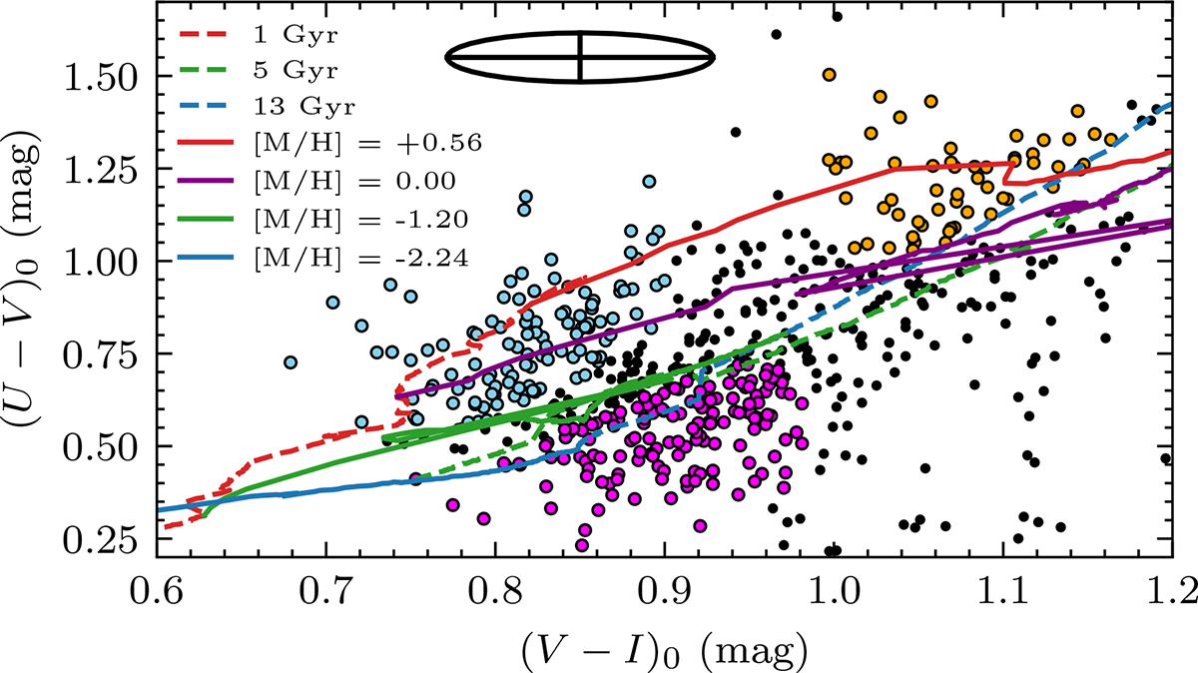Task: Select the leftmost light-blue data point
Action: click(x=291, y=362)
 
